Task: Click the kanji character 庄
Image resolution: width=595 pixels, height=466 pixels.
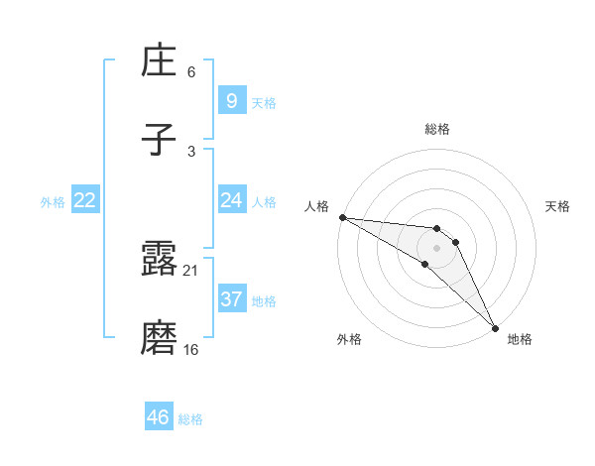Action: (x=159, y=61)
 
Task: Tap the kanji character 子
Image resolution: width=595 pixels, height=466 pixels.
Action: (x=159, y=141)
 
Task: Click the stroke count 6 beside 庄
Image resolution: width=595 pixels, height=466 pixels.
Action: (x=191, y=72)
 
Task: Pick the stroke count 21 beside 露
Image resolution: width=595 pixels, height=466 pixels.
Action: (x=191, y=271)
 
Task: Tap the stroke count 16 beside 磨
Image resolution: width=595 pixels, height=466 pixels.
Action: (x=191, y=350)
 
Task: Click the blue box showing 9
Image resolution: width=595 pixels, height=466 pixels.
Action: (x=231, y=101)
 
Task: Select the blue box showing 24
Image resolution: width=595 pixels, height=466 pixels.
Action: (x=231, y=200)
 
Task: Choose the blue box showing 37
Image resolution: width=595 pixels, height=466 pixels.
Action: (x=231, y=299)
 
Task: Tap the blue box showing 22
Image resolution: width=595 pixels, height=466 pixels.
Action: (x=85, y=200)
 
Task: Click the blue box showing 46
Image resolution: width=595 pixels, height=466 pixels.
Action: (x=159, y=417)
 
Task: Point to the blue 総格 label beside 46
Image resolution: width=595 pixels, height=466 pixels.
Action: (x=190, y=419)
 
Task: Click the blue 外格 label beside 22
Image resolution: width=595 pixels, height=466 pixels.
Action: (x=53, y=202)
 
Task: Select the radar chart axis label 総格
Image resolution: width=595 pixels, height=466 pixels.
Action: (x=437, y=129)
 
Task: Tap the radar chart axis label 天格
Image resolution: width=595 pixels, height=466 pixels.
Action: (x=558, y=206)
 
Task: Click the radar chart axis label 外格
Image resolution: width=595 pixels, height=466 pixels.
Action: (x=349, y=339)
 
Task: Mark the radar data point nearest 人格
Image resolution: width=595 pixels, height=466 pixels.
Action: (x=341, y=217)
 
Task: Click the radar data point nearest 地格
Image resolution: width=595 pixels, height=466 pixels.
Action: (x=494, y=326)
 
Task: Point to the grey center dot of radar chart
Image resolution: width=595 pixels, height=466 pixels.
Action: (x=436, y=247)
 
